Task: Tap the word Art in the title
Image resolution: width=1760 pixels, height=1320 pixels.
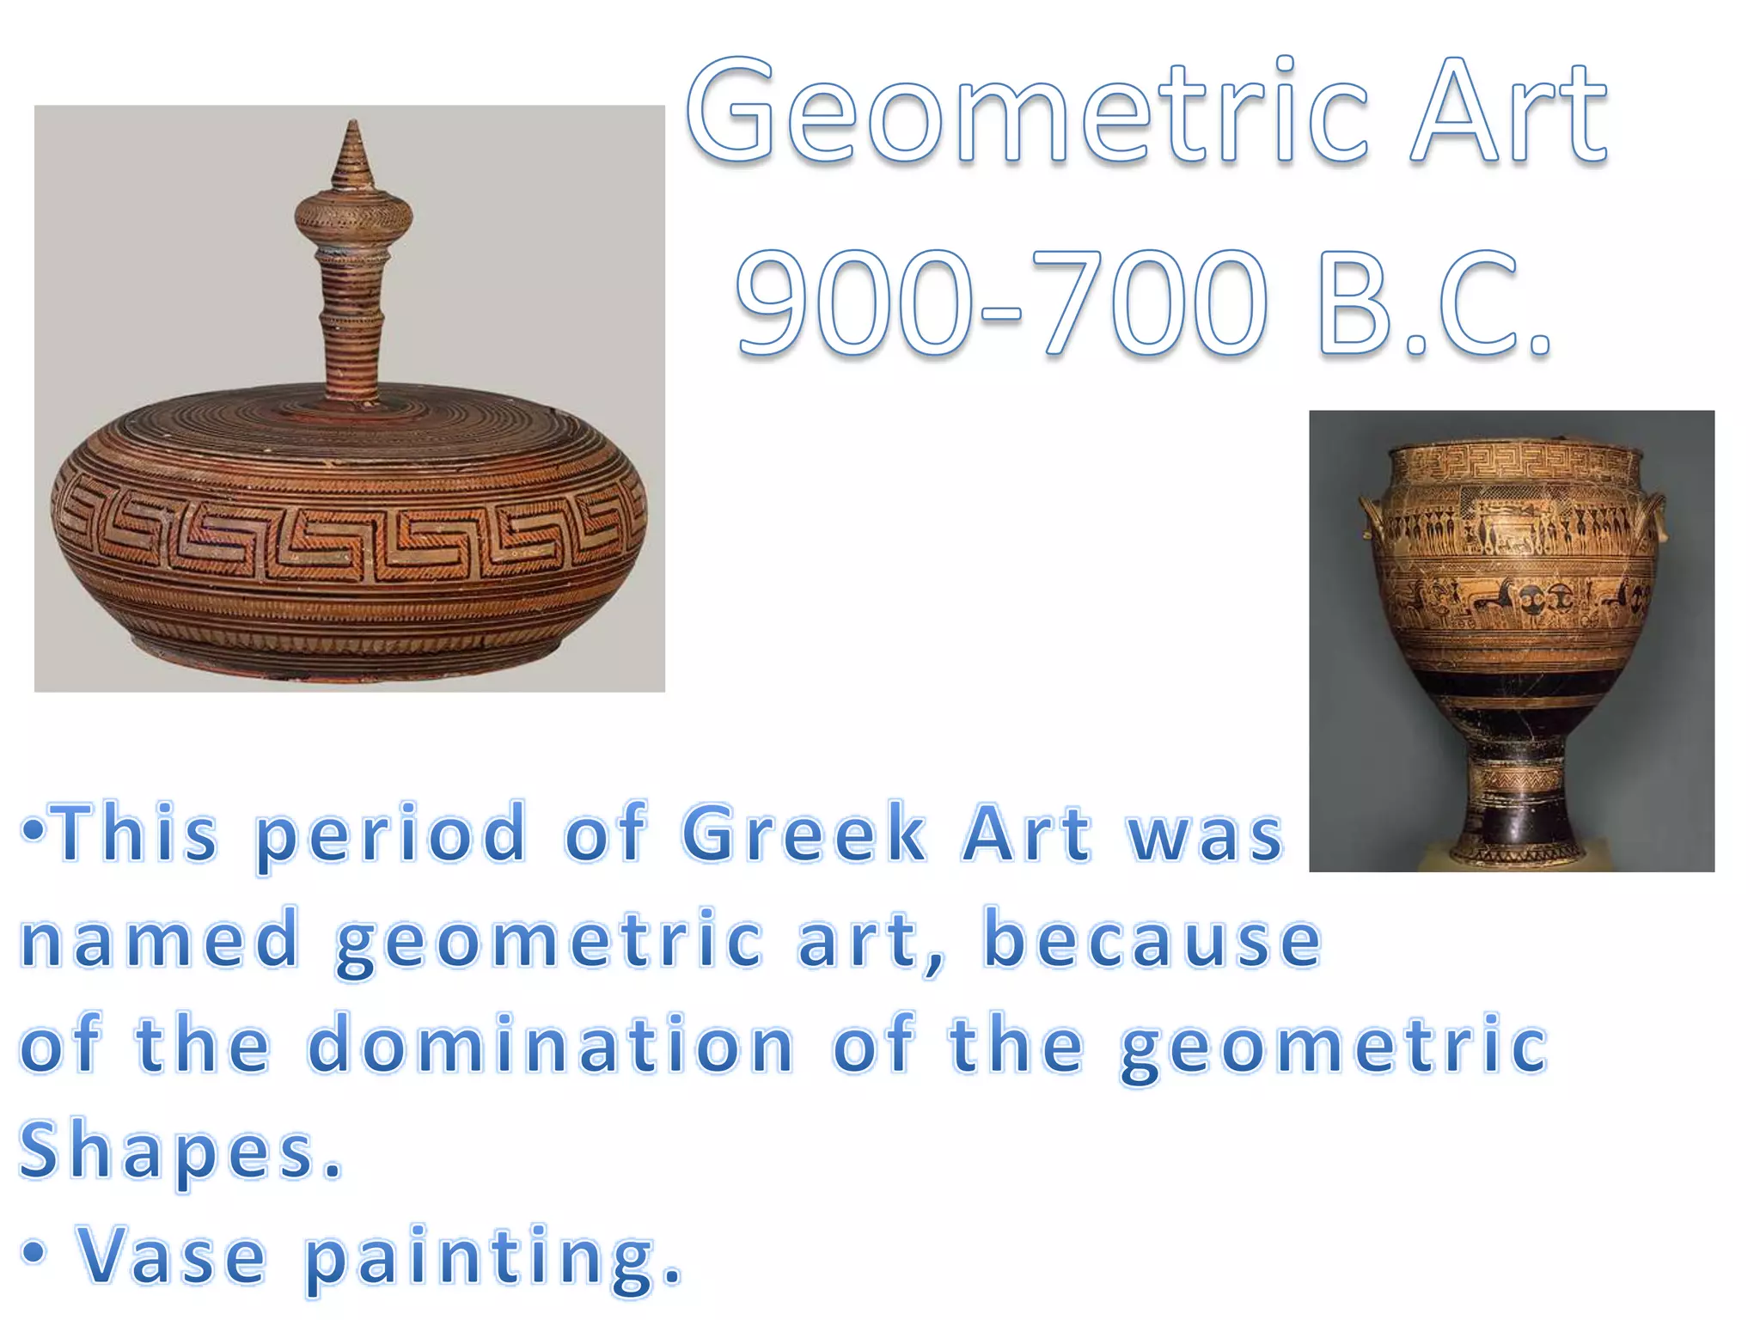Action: click(x=1509, y=112)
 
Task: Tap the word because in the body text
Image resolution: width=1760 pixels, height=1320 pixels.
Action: click(x=1152, y=940)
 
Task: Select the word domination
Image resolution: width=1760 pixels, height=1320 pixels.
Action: click(x=550, y=1045)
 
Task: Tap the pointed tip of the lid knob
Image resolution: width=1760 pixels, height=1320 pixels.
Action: click(x=353, y=129)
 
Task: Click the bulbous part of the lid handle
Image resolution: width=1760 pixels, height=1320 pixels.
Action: click(x=353, y=215)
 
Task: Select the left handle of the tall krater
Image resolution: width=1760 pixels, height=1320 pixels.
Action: click(x=1370, y=516)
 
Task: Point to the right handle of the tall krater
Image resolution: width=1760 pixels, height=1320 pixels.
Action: click(x=1655, y=516)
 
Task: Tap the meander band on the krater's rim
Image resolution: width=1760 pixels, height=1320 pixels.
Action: click(x=1512, y=464)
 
